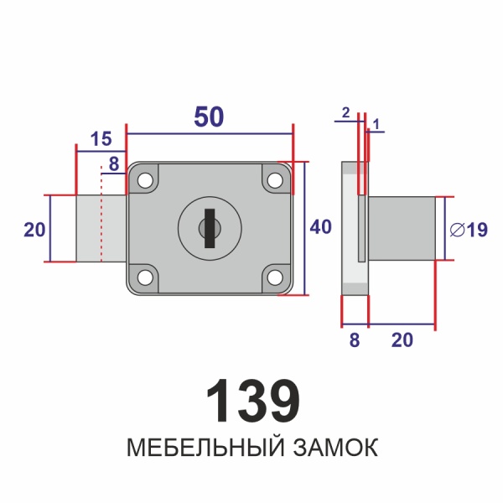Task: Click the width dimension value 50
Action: point(209,117)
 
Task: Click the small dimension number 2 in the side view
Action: point(345,111)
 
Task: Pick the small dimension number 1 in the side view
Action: point(376,124)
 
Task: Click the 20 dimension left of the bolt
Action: point(34,229)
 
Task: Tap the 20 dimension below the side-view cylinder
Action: point(402,340)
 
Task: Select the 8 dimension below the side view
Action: point(354,340)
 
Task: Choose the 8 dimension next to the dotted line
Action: point(113,164)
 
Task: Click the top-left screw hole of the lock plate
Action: point(146,180)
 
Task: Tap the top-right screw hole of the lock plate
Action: point(274,179)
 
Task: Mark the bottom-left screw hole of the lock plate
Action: point(146,276)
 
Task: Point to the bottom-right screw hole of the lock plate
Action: point(274,276)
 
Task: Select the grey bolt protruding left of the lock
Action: point(101,228)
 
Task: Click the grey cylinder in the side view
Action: point(402,228)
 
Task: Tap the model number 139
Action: point(252,401)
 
